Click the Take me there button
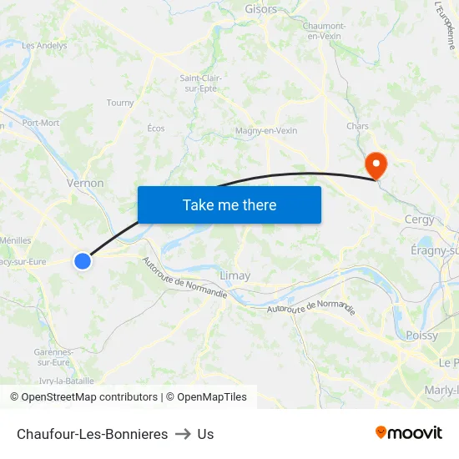click(229, 204)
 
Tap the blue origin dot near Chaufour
click(83, 261)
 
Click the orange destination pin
click(376, 164)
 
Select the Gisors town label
click(261, 9)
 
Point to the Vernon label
click(85, 183)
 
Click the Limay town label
click(235, 275)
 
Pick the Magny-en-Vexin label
click(266, 131)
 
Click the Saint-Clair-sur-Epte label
click(200, 83)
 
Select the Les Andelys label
click(44, 46)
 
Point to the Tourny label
click(120, 103)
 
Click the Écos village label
click(156, 129)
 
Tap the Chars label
click(357, 127)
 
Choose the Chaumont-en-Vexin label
click(324, 31)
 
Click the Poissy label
click(421, 335)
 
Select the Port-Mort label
click(41, 123)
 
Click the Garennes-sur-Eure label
click(53, 357)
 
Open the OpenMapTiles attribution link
click(206, 397)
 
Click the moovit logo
click(409, 433)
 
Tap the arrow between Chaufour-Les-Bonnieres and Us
click(183, 434)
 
